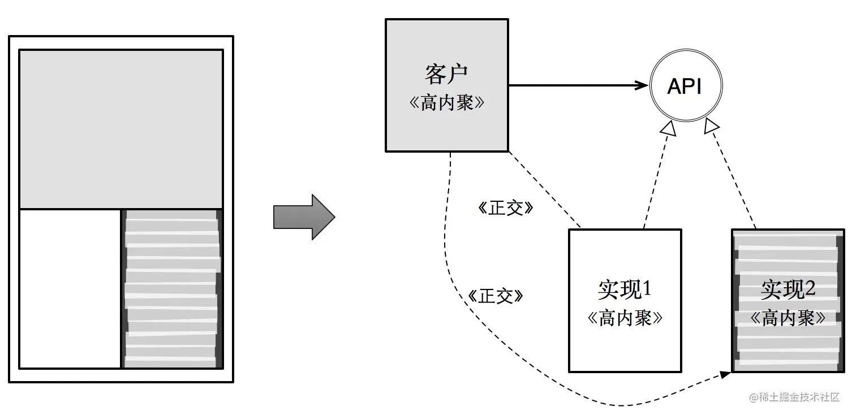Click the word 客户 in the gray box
tap(446, 75)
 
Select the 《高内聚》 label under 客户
tap(446, 103)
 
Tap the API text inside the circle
tap(685, 87)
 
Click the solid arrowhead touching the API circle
tap(642, 86)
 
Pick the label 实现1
tap(625, 289)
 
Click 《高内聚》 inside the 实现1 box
tap(625, 318)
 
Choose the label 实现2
tap(788, 289)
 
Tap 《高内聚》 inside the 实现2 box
tap(788, 318)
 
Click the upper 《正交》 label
tap(505, 209)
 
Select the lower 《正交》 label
tap(496, 296)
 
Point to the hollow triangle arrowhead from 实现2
tap(711, 127)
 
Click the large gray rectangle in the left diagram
tap(121, 129)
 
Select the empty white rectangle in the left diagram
tap(70, 288)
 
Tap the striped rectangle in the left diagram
tap(172, 288)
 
